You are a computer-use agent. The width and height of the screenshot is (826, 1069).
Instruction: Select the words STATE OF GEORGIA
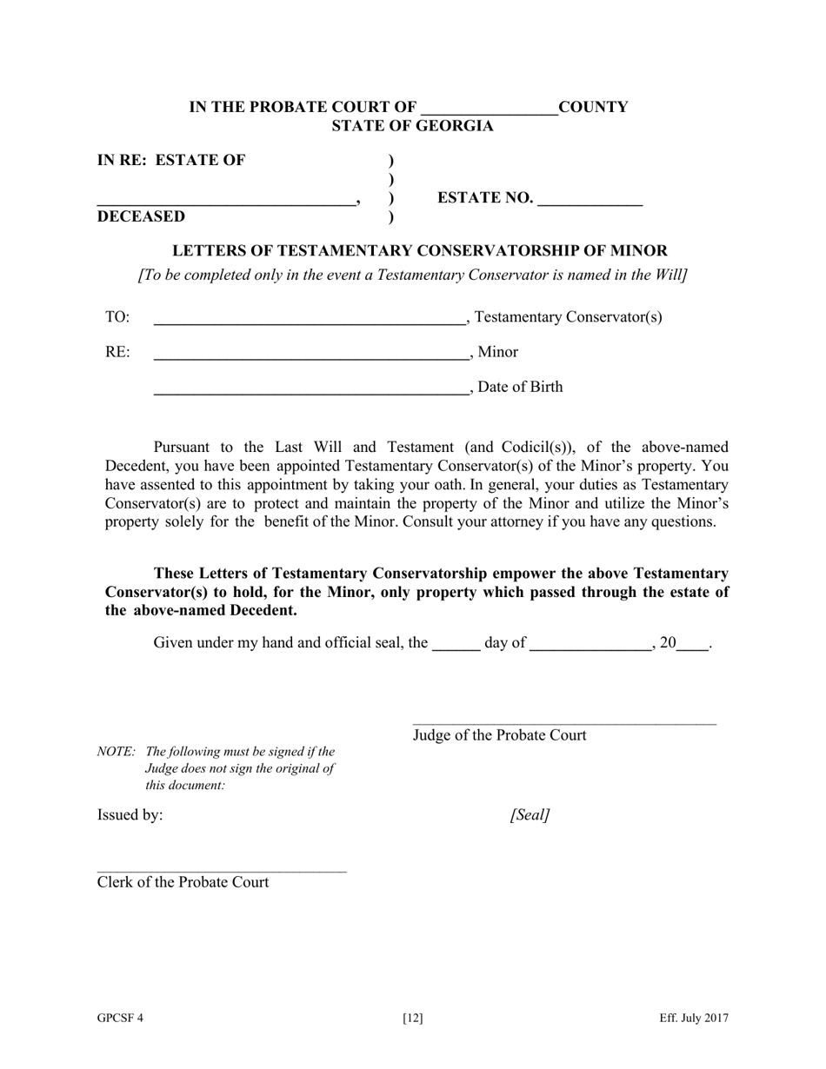(x=412, y=126)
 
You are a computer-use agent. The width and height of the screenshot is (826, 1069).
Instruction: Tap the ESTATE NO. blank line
(x=590, y=202)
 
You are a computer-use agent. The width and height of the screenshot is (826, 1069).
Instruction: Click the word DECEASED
(x=141, y=216)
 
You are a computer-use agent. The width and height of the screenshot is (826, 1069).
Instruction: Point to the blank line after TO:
(x=310, y=322)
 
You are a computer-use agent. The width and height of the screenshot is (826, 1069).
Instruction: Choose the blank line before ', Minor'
(x=310, y=356)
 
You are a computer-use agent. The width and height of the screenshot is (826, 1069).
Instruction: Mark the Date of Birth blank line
(x=310, y=392)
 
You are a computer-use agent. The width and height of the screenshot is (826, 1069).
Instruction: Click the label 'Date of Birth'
(x=520, y=388)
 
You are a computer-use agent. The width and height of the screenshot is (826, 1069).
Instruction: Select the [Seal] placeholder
(x=530, y=815)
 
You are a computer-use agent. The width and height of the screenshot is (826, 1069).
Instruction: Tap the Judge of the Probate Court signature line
(x=564, y=723)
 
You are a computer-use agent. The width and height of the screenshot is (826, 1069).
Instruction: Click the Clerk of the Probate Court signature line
(x=222, y=870)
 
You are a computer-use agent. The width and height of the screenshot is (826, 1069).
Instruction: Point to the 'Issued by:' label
(x=130, y=815)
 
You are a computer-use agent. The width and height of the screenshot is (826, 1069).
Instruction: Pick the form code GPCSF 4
(x=120, y=1019)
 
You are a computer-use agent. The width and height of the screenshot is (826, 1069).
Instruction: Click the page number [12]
(x=413, y=1019)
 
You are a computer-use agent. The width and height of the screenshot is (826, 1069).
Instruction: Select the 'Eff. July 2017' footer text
(x=694, y=1019)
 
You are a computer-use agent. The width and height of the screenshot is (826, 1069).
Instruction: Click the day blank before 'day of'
(x=456, y=647)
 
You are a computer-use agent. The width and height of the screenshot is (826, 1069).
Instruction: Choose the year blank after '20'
(x=692, y=647)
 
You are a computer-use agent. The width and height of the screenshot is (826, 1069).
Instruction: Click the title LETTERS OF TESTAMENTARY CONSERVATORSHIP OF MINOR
(x=420, y=251)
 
